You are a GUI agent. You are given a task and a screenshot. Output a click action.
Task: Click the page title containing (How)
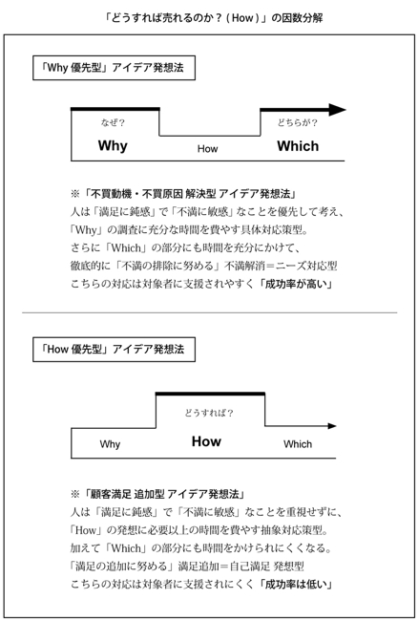pyautogui.click(x=214, y=18)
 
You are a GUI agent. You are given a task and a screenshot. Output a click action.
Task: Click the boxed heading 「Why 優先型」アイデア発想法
pyautogui.click(x=114, y=68)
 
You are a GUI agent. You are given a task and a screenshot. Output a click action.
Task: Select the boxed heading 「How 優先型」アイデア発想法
pyautogui.click(x=114, y=350)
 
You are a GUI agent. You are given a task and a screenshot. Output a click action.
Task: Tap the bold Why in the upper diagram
pyautogui.click(x=113, y=146)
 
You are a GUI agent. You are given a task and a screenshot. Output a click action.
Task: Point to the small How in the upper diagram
pyautogui.click(x=208, y=149)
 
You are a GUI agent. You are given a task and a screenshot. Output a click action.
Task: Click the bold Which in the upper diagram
pyautogui.click(x=298, y=146)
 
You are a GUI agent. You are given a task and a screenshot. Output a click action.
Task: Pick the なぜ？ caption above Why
pyautogui.click(x=113, y=123)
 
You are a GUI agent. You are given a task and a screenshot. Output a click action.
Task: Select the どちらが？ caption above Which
pyautogui.click(x=297, y=123)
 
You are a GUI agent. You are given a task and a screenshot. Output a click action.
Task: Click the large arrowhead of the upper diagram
pyautogui.click(x=337, y=110)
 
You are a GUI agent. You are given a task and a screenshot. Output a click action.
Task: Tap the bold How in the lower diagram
pyautogui.click(x=206, y=441)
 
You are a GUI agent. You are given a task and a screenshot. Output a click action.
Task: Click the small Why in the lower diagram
pyautogui.click(x=110, y=444)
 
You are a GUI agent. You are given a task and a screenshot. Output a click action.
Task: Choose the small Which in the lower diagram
pyautogui.click(x=298, y=444)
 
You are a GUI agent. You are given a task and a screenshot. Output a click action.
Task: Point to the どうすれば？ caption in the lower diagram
pyautogui.click(x=209, y=413)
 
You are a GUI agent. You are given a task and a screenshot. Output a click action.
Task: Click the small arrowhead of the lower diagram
pyautogui.click(x=332, y=426)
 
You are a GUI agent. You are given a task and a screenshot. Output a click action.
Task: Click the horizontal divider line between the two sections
pyautogui.click(x=210, y=312)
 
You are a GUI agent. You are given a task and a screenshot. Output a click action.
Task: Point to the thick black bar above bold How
pyautogui.click(x=210, y=394)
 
